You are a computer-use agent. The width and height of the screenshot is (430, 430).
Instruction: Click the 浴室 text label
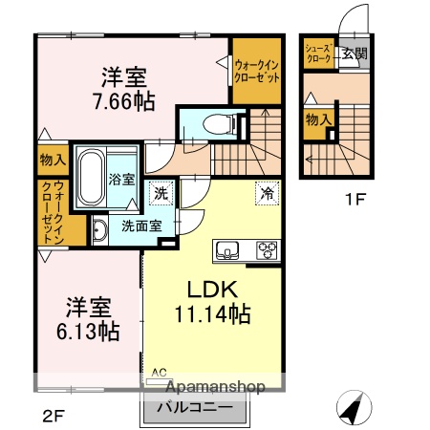point(122,179)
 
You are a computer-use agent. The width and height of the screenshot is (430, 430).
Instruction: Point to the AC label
point(160,372)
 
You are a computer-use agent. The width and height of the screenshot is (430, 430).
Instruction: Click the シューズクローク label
point(319,53)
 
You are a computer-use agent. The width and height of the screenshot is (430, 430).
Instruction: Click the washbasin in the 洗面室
point(98,228)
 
